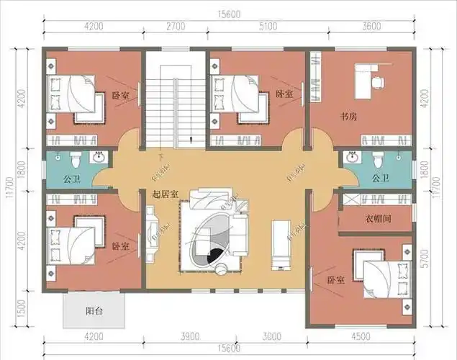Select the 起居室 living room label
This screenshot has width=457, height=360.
click(x=166, y=194)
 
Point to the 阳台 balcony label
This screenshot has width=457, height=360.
click(x=94, y=312)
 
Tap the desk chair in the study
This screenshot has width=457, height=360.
click(x=375, y=81)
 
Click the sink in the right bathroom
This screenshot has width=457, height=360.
click(x=351, y=158)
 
